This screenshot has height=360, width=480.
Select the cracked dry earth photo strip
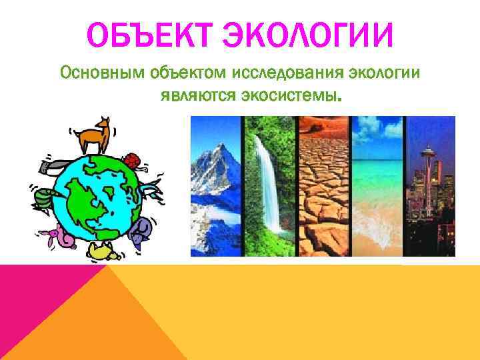[324, 187]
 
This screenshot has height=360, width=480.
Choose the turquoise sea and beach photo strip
[377, 187]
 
